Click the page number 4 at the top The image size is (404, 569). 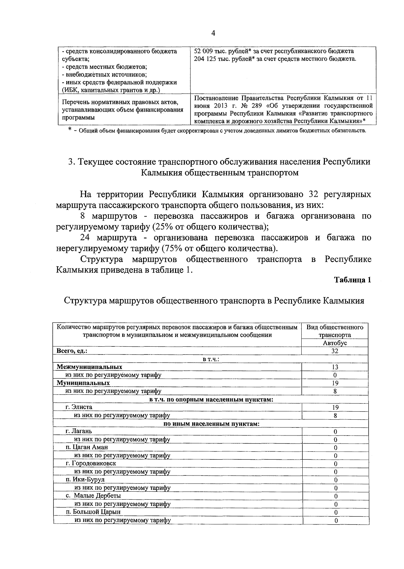[213, 33]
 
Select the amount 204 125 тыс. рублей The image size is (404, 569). [222, 59]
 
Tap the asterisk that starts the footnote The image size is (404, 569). [70, 129]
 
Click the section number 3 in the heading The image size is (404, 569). [71, 162]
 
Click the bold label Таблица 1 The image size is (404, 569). [352, 280]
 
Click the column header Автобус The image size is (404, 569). [335, 343]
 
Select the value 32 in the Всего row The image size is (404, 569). [335, 351]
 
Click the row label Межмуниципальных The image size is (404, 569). [89, 367]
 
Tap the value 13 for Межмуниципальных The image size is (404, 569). [335, 367]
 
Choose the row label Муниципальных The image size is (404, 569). [83, 383]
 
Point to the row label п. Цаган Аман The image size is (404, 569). [87, 447]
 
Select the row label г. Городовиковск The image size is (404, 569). [91, 463]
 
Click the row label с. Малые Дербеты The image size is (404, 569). [93, 496]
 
